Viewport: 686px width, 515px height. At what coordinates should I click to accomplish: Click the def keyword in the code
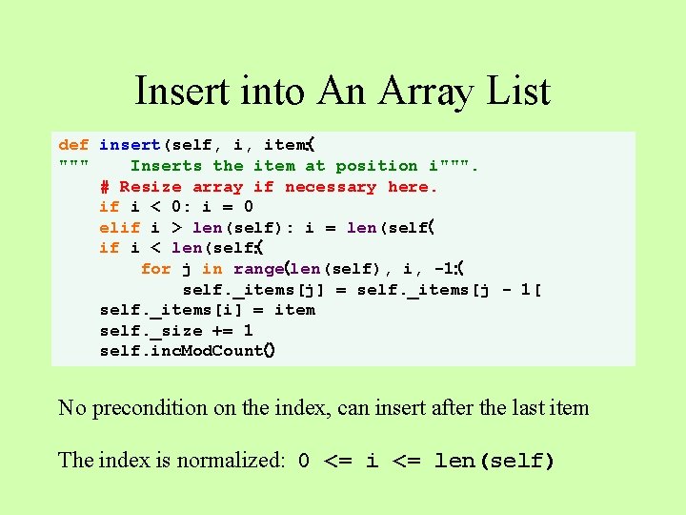pyautogui.click(x=73, y=145)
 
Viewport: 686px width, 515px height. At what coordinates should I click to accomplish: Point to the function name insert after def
pyautogui.click(x=131, y=145)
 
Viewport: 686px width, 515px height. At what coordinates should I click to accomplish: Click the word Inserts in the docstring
pyautogui.click(x=166, y=166)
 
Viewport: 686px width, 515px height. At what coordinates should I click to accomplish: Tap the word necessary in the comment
pyautogui.click(x=330, y=187)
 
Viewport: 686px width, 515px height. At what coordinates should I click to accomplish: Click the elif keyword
pyautogui.click(x=120, y=227)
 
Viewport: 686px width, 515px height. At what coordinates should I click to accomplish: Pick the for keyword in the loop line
pyautogui.click(x=155, y=269)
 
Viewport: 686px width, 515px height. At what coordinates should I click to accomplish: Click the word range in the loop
pyautogui.click(x=258, y=269)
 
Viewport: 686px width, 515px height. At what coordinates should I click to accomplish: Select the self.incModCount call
pyautogui.click(x=187, y=351)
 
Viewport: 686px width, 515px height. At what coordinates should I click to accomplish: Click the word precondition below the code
pyautogui.click(x=151, y=408)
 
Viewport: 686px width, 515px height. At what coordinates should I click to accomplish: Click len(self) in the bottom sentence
pyautogui.click(x=494, y=461)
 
